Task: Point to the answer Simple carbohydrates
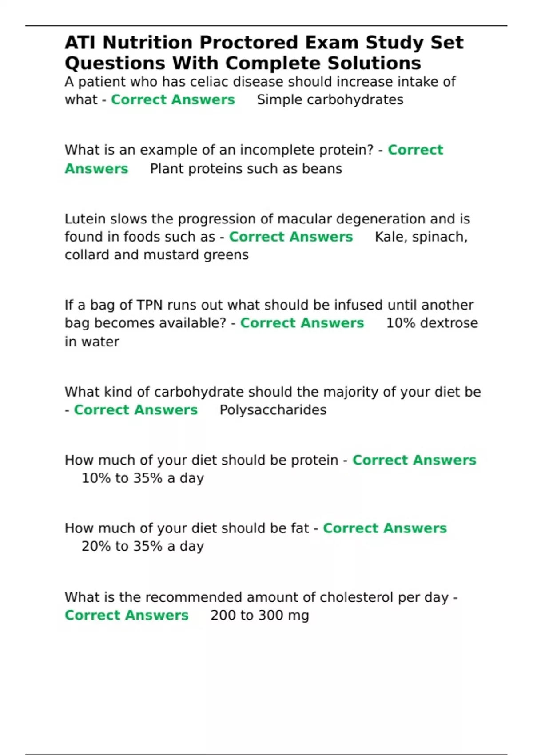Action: [330, 99]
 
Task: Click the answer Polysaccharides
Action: [273, 409]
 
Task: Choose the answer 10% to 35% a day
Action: [143, 478]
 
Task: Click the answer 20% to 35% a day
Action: [143, 546]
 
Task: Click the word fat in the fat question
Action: [300, 528]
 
